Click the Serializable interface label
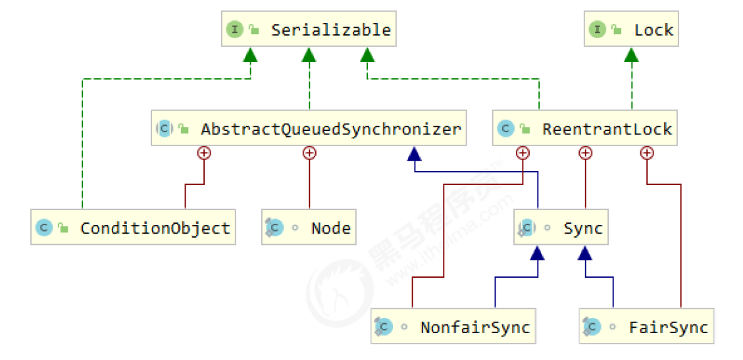[330, 30]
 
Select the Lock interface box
[630, 30]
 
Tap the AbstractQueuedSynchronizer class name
[330, 129]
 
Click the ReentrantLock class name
[607, 129]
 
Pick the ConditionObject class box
[133, 228]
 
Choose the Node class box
[308, 228]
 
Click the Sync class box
[560, 228]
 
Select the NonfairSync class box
[453, 327]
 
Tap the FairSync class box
[646, 327]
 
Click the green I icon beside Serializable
[235, 30]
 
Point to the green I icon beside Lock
[597, 30]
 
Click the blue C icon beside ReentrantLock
[505, 129]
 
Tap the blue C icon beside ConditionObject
[43, 228]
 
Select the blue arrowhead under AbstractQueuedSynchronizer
[413, 153]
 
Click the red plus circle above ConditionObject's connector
[204, 153]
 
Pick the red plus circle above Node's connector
[308, 153]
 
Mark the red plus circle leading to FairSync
[647, 153]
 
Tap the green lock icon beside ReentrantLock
[524, 129]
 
